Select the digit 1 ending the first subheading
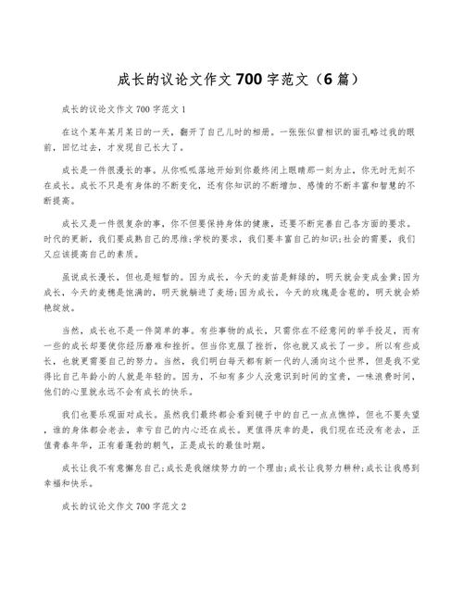pos(183,107)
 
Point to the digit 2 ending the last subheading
pos(183,507)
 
